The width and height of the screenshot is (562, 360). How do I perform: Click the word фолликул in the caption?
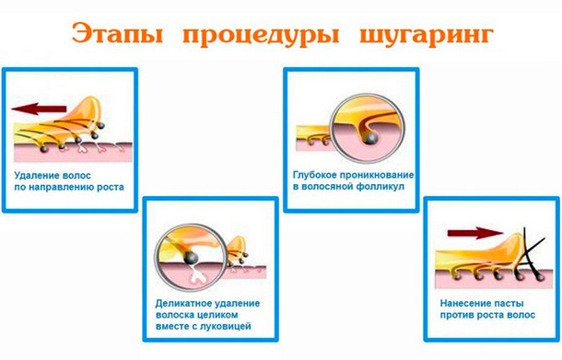(x=385, y=186)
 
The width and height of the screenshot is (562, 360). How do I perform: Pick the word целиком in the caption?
(x=230, y=314)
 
